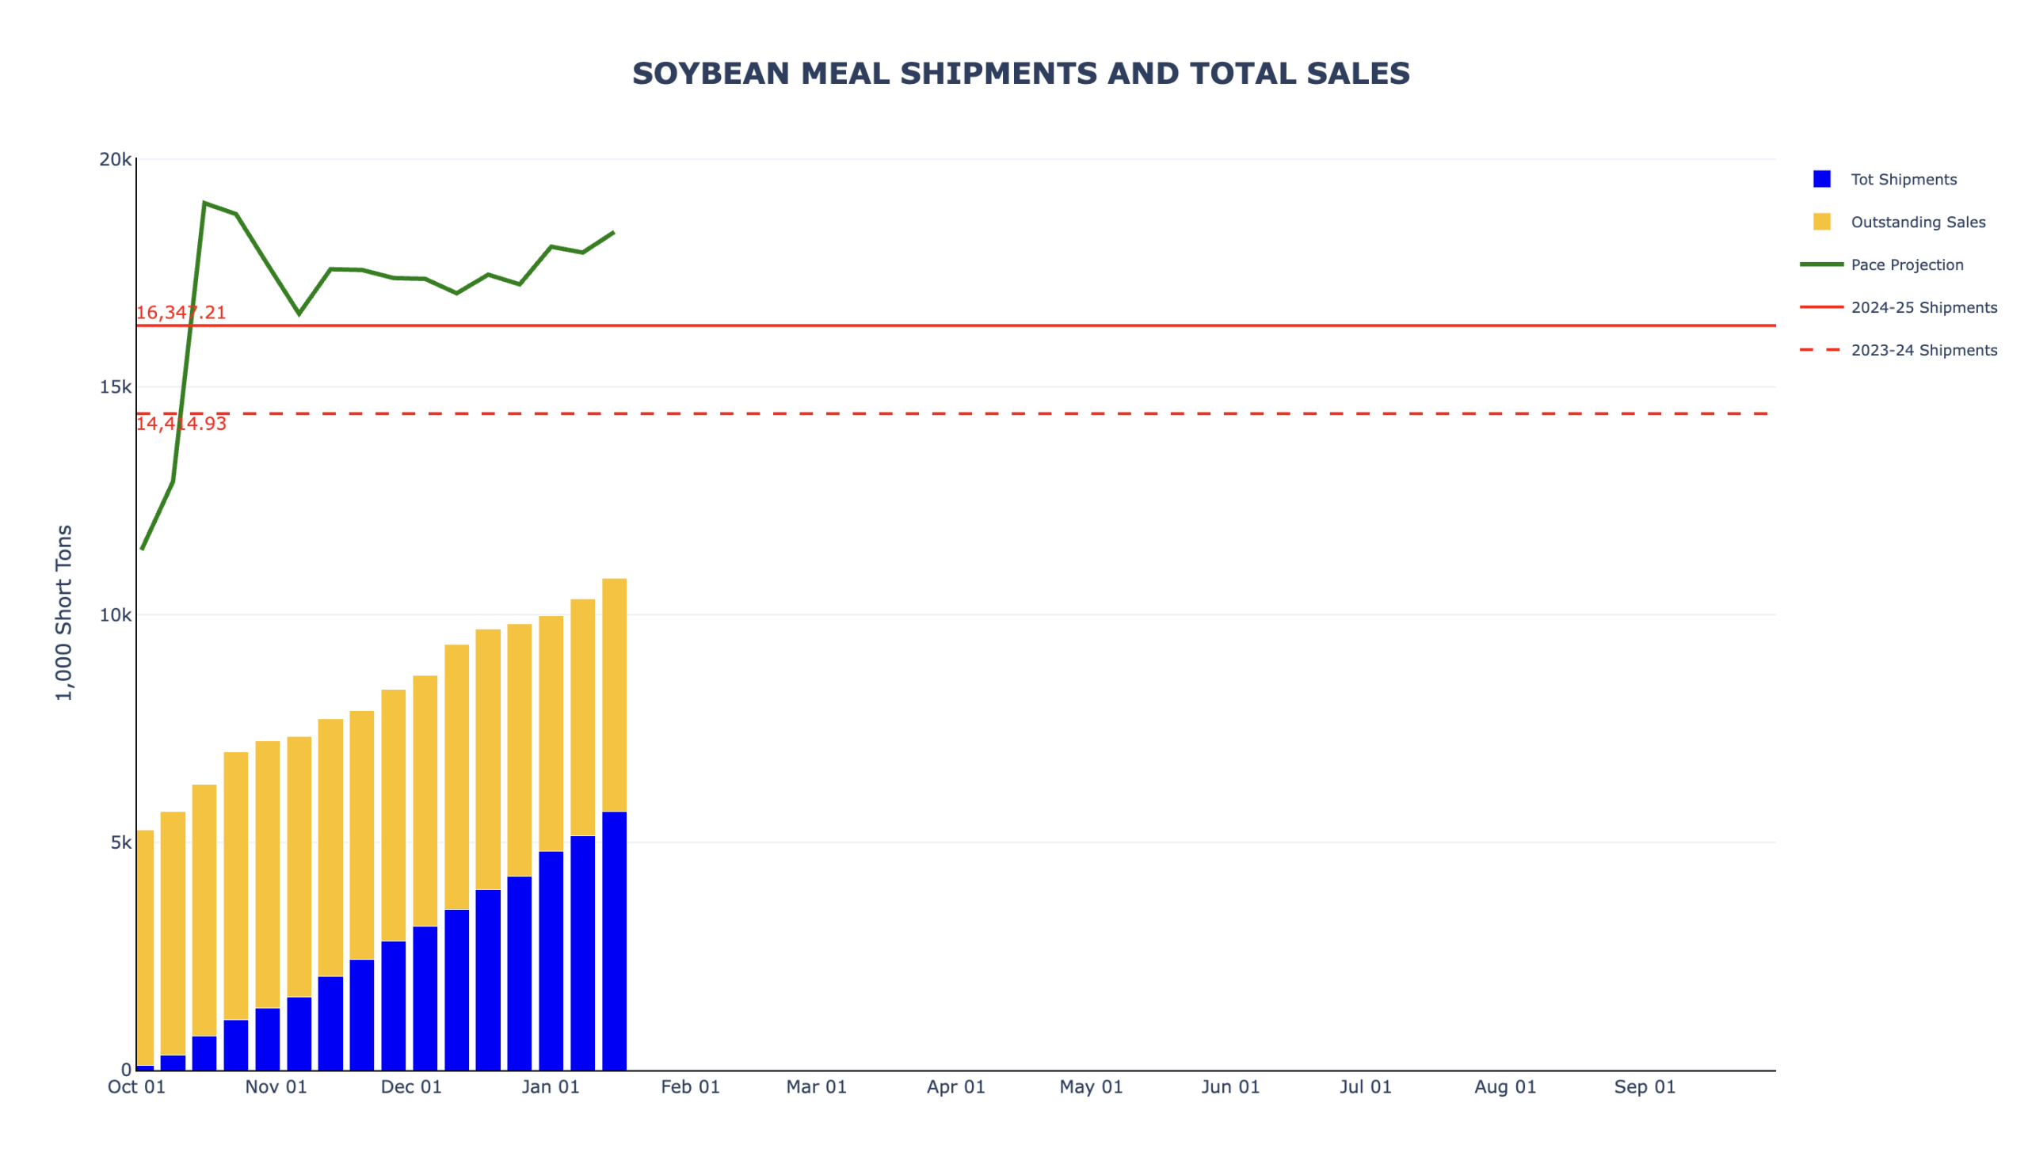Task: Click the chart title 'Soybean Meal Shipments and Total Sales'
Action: click(x=1021, y=74)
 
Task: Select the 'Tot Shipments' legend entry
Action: click(x=1903, y=180)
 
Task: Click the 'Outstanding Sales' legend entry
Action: click(x=1917, y=222)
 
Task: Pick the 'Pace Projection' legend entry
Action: click(x=1906, y=265)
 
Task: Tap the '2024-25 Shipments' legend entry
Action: click(x=1923, y=307)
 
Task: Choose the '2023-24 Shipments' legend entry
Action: click(x=1923, y=351)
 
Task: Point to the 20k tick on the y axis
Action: click(x=116, y=160)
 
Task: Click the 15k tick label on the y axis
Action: click(x=116, y=388)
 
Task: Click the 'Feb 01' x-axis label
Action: click(x=690, y=1087)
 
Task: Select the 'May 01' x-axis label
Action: click(x=1091, y=1087)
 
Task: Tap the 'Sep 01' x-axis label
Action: click(x=1645, y=1087)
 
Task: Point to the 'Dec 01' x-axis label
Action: click(x=411, y=1087)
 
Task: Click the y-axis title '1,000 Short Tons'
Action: click(x=63, y=613)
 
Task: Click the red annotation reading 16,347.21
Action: click(x=181, y=313)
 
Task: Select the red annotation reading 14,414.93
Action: click(x=181, y=424)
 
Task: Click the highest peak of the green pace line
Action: click(x=205, y=203)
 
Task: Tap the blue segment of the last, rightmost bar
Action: click(x=615, y=940)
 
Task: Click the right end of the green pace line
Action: click(x=614, y=233)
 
